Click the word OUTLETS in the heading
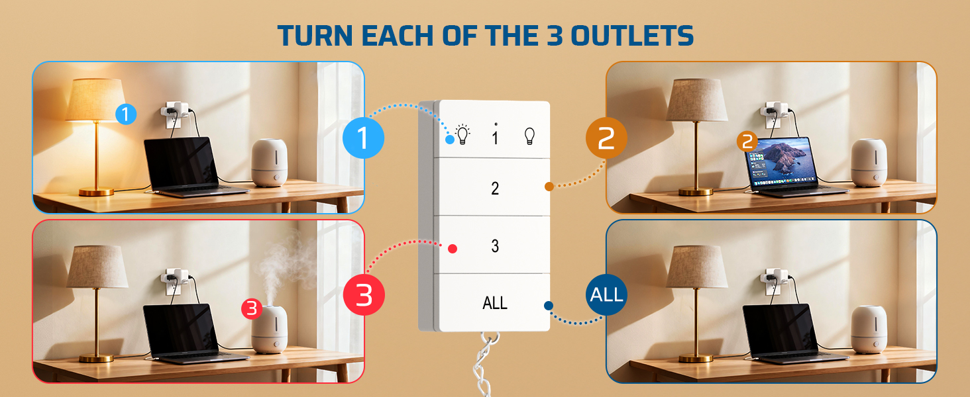(632, 36)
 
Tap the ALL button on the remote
(494, 303)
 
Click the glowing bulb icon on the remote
(462, 134)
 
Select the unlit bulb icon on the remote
(529, 136)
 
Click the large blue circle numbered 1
(363, 138)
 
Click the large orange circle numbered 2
(606, 138)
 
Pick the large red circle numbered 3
(364, 294)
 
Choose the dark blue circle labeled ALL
(606, 294)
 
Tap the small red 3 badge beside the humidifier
(252, 309)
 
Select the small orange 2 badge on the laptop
(747, 142)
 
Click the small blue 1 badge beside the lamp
(126, 114)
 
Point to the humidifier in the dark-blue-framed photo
(869, 329)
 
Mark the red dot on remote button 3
(452, 249)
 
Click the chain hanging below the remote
(485, 364)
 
